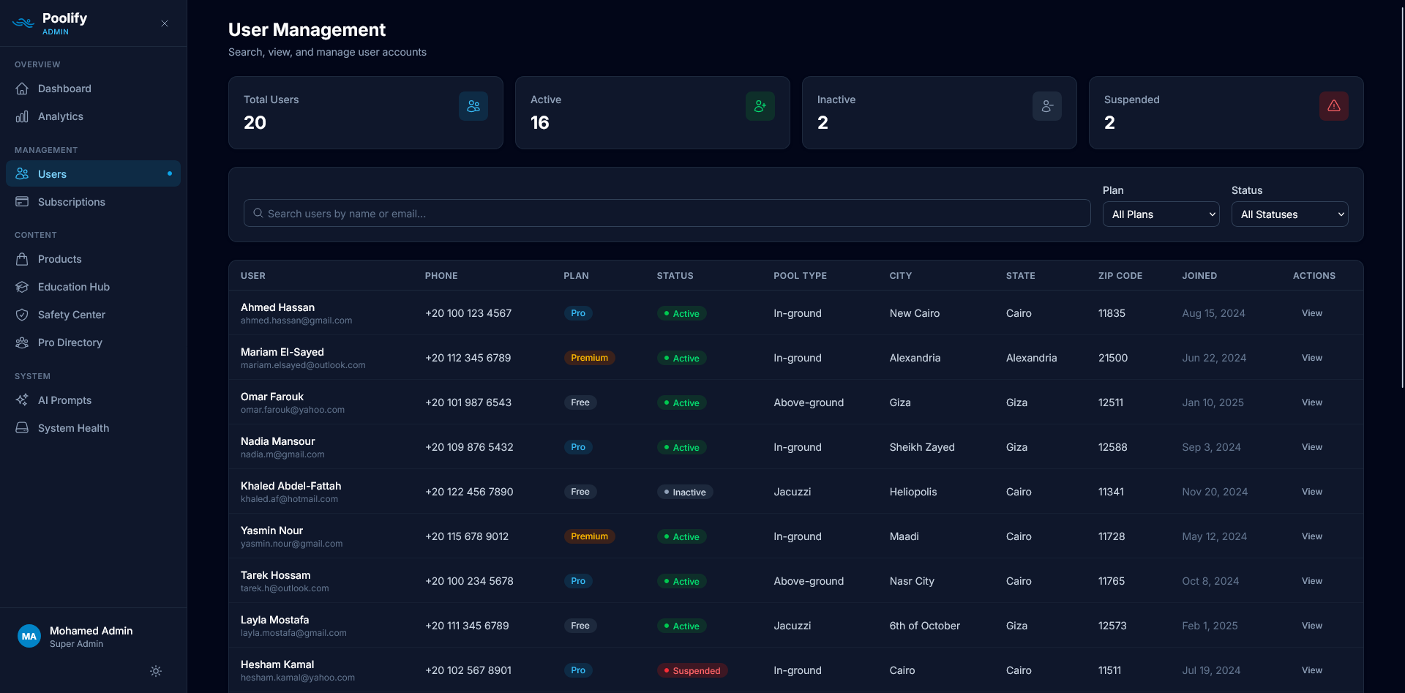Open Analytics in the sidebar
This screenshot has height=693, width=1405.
click(x=61, y=116)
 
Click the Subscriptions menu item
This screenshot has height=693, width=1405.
click(x=72, y=202)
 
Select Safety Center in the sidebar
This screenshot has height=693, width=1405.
click(x=72, y=315)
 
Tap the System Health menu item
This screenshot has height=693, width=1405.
click(x=73, y=428)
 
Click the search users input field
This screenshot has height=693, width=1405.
click(x=667, y=214)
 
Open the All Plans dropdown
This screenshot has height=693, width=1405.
click(x=1161, y=214)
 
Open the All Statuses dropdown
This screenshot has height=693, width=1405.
click(x=1289, y=214)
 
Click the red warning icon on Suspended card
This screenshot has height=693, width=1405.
click(x=1333, y=106)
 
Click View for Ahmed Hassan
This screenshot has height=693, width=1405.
click(x=1311, y=313)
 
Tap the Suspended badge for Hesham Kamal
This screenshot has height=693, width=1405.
click(x=692, y=670)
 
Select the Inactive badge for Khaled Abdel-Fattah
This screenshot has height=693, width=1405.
click(x=685, y=492)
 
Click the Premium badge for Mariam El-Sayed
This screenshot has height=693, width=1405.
click(x=589, y=358)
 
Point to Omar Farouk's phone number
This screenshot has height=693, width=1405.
click(x=468, y=402)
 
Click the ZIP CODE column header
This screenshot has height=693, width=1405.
click(x=1120, y=276)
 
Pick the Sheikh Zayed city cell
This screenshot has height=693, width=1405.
click(x=922, y=447)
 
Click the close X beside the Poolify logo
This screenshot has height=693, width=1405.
click(x=165, y=23)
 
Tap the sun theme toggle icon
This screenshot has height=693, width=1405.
click(x=156, y=671)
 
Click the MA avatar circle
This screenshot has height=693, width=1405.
click(x=29, y=636)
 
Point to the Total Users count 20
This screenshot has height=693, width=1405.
click(x=255, y=123)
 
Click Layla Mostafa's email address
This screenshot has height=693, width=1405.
click(x=293, y=633)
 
